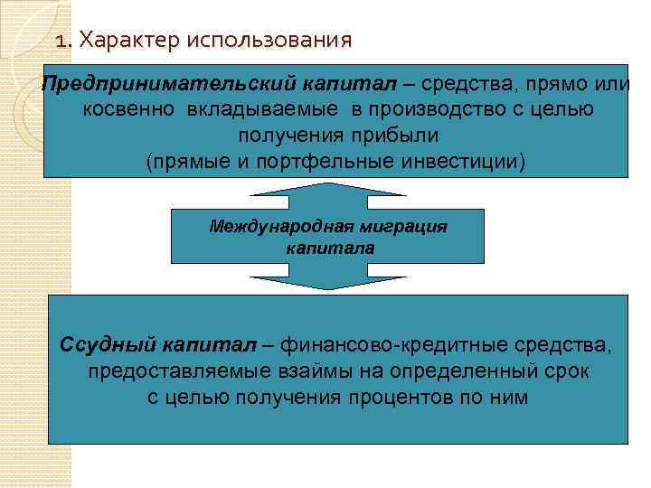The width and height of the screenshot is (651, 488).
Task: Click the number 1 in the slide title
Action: (61, 41)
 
